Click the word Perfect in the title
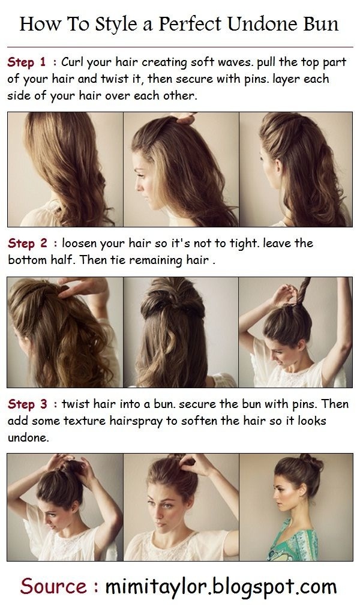190,24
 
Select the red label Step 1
27,62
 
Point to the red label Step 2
28,244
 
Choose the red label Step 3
28,404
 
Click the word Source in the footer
53,587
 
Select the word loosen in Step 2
79,244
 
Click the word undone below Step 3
29,438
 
